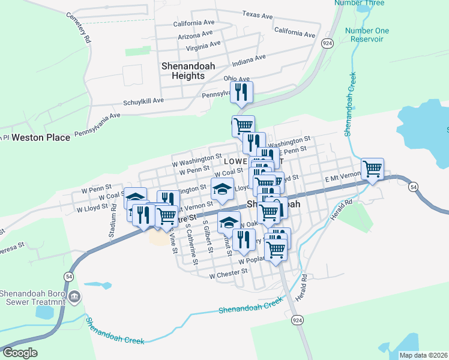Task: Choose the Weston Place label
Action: tap(41, 137)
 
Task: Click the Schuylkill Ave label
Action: tap(143, 102)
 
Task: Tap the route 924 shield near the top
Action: tap(327, 43)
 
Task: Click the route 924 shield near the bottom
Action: tap(297, 321)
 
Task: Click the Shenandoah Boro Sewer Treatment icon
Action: tap(74, 296)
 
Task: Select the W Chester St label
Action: tap(228, 273)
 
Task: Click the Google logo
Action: tap(20, 353)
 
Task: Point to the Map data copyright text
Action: tap(423, 355)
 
